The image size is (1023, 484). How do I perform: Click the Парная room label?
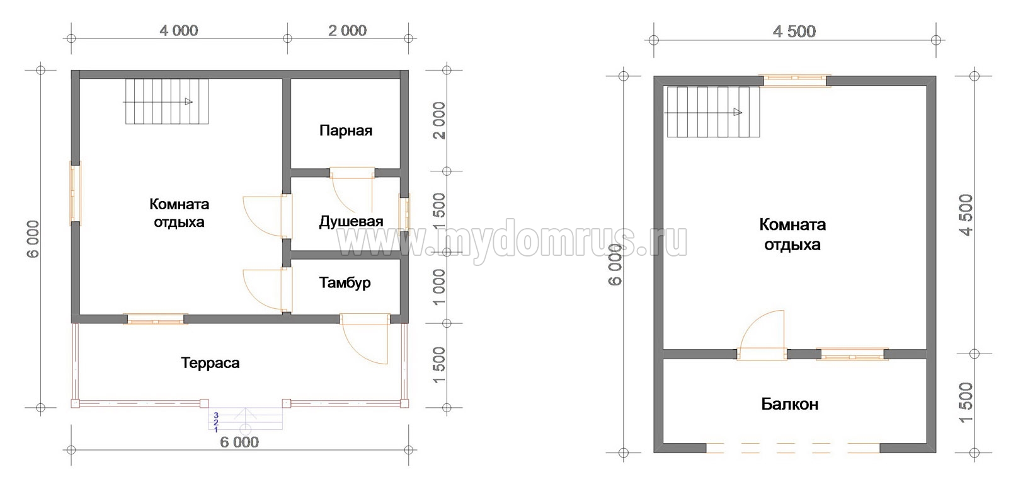(x=346, y=130)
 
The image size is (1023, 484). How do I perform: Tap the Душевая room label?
(x=351, y=222)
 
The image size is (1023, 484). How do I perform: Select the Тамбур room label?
(x=345, y=283)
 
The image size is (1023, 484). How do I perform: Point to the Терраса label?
(x=210, y=363)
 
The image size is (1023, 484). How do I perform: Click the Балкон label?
(x=790, y=404)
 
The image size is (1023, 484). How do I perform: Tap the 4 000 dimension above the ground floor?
(x=178, y=31)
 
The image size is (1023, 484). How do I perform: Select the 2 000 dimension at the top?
(x=347, y=31)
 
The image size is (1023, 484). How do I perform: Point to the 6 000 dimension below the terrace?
(x=239, y=442)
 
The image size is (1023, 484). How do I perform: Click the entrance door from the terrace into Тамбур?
(x=365, y=338)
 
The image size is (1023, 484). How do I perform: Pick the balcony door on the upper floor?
(x=762, y=336)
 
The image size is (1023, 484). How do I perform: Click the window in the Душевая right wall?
(x=404, y=214)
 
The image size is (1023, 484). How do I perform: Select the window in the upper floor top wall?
(x=795, y=81)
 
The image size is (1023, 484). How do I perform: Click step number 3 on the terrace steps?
(x=216, y=415)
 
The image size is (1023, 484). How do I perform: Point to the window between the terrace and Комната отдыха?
(x=155, y=319)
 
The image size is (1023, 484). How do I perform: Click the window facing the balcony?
(x=852, y=354)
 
